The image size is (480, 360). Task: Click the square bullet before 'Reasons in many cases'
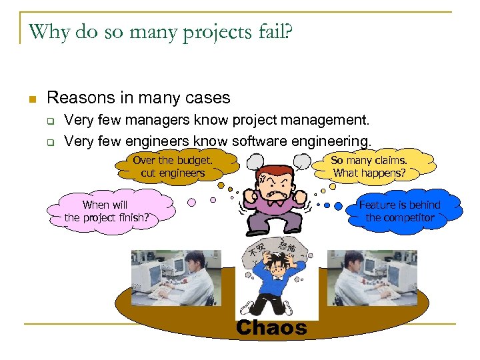coord(31,99)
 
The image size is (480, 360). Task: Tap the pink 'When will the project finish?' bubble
coord(107,211)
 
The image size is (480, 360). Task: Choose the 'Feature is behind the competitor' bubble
coord(399,211)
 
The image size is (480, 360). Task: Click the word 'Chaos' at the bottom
coord(271,328)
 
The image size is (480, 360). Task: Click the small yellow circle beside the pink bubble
coord(191,202)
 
